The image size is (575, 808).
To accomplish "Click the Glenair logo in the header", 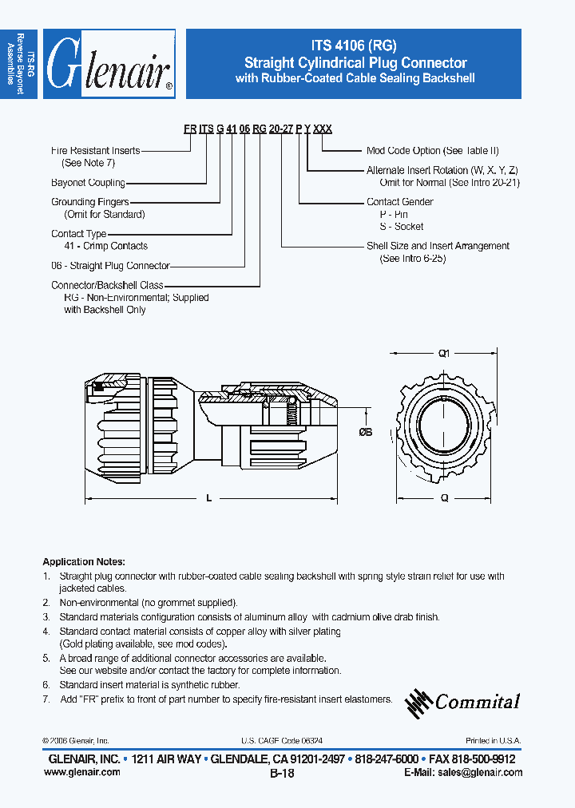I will tap(109, 65).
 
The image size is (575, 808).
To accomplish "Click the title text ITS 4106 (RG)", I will tap(355, 46).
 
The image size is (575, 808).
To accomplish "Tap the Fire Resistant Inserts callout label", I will tap(95, 150).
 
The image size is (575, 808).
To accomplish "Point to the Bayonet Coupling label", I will tap(88, 183).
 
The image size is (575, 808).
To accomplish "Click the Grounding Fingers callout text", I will tap(89, 203).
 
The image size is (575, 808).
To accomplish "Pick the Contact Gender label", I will tap(400, 202).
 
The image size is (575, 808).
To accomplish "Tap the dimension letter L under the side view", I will tap(209, 498).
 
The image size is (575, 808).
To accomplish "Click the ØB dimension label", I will tap(366, 432).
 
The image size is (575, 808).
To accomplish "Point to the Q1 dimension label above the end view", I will tap(445, 353).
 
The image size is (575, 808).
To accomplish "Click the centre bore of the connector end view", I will tap(445, 423).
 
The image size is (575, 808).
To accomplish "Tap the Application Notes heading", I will tap(83, 561).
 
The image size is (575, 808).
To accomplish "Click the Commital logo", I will tap(463, 701).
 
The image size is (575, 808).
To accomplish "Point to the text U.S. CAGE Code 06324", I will tap(281, 741).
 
